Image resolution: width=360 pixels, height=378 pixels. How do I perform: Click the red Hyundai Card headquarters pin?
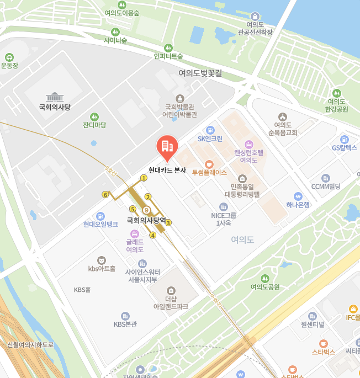coord(166,146)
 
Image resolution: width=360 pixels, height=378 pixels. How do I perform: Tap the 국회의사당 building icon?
coord(55,97)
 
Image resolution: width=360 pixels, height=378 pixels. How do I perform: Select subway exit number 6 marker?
coord(105,194)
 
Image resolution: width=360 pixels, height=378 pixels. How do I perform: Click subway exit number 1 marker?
coord(144,178)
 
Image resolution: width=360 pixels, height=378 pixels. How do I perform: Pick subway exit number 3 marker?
coord(168,222)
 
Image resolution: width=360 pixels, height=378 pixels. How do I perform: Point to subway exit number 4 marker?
coord(153,235)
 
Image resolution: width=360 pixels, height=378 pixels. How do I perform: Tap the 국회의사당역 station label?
coord(146,220)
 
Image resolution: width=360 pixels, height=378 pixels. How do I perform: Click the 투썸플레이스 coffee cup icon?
coord(209,164)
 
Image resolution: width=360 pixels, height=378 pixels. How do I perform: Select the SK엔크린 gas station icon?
coord(210,130)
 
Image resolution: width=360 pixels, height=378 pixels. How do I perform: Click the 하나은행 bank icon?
coord(298,196)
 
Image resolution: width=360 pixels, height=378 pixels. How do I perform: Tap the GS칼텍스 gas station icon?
coord(345,139)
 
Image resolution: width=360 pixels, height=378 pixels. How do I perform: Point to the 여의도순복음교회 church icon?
coord(283,116)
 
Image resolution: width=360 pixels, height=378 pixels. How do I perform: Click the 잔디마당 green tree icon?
coord(94,116)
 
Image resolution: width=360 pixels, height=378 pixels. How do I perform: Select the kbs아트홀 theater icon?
coord(102,260)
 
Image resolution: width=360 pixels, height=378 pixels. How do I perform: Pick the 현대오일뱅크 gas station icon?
coord(100,216)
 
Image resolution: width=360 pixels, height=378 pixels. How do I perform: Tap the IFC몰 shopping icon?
coord(353,308)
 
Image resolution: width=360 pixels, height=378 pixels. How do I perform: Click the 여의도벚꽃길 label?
coord(200,73)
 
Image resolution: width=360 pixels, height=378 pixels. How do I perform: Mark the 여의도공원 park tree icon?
coord(265,278)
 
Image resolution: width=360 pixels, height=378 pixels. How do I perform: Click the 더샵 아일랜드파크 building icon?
coord(171,290)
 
